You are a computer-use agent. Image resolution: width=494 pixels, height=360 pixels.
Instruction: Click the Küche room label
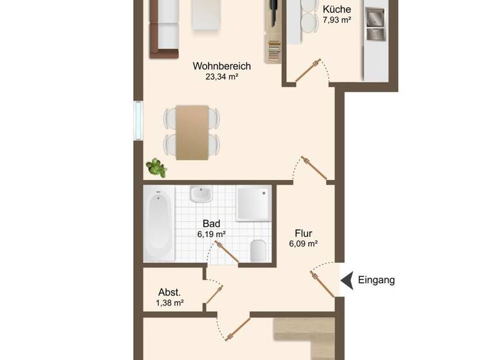tap(336, 10)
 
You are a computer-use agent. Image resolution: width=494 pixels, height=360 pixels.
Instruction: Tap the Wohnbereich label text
tap(221, 66)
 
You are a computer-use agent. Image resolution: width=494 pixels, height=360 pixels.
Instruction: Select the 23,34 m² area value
tap(221, 77)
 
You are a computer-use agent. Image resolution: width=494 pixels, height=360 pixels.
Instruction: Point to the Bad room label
tap(211, 223)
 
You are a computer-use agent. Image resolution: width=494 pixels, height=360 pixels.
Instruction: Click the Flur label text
tap(304, 233)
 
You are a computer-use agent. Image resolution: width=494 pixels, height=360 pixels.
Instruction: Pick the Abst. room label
tap(170, 291)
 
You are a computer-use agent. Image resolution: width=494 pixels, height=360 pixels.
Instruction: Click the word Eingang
tap(376, 280)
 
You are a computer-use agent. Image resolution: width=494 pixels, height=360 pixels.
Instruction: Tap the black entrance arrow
tap(347, 280)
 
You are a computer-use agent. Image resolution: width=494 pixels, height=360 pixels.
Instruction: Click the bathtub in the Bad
tap(158, 225)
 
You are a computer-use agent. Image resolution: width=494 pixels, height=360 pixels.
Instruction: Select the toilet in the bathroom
tap(258, 249)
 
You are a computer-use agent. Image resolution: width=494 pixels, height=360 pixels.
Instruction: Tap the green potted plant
tap(156, 168)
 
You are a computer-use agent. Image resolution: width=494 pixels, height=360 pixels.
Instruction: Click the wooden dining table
tap(193, 132)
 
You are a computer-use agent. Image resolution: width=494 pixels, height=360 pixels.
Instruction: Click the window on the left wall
tap(138, 120)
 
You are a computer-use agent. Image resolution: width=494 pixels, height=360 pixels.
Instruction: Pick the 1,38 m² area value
tap(170, 302)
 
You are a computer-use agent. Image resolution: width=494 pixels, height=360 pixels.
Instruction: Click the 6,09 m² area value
tap(304, 244)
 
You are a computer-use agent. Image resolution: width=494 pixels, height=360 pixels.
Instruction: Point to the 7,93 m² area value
tap(336, 21)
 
